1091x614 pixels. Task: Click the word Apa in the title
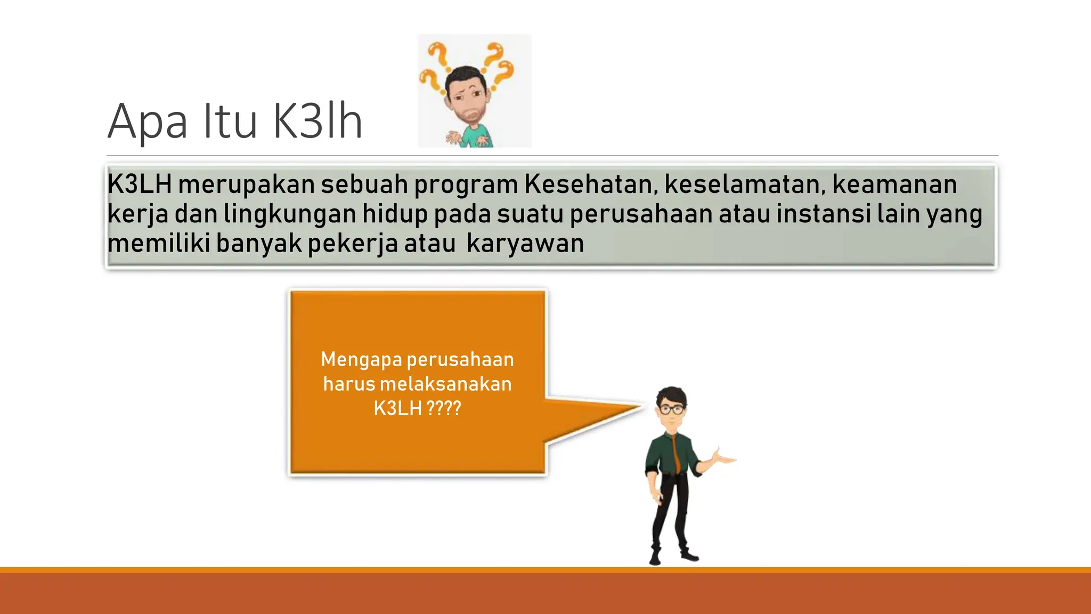(148, 122)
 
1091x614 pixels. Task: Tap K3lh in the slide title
(317, 121)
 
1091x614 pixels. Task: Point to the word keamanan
(894, 184)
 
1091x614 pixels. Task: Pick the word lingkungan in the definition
(290, 214)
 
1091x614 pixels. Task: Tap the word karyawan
(525, 244)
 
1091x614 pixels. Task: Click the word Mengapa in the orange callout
(361, 360)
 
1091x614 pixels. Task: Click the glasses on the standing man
(672, 409)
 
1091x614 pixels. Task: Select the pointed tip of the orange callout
(641, 407)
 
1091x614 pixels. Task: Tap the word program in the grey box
(466, 185)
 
